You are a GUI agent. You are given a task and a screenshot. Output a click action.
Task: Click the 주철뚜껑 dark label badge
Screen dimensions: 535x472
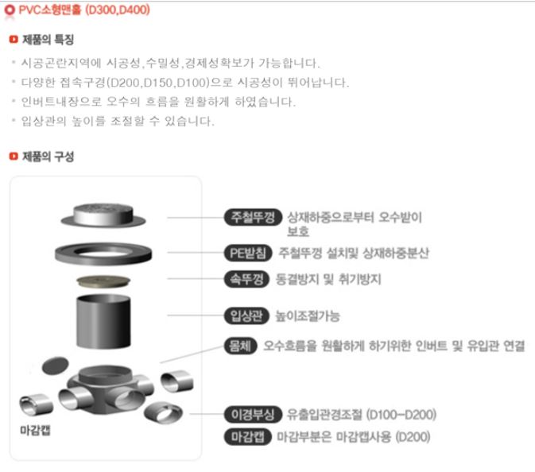253,217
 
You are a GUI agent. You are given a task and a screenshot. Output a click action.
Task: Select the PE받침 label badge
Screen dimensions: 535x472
248,253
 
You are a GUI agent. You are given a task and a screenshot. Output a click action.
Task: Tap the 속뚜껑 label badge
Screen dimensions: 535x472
246,280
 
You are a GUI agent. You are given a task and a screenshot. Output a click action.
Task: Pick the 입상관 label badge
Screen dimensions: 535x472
246,315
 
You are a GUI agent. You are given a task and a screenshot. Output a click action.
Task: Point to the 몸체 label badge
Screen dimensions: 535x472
241,346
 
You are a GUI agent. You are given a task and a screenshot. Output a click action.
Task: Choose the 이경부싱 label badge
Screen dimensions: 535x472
253,414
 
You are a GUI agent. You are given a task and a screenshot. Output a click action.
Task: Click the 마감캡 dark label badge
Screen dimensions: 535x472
248,437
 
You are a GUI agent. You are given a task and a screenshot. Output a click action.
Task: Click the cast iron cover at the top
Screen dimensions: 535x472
103,215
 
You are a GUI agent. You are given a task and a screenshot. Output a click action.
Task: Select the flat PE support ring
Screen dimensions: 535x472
103,253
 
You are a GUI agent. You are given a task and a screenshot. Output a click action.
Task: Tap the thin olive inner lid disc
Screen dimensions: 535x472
103,281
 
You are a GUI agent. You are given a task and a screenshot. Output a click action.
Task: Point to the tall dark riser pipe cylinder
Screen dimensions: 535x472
103,321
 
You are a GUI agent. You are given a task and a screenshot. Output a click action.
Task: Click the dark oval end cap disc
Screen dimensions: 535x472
56,366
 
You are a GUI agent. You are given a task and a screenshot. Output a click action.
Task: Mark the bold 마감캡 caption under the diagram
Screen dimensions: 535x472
35,431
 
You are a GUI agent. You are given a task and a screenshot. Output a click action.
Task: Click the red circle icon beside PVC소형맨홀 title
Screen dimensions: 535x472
10,10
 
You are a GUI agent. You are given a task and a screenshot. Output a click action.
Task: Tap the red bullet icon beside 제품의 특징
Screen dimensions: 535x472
14,40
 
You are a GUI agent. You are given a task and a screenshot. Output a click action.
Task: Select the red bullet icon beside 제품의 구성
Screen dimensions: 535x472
14,157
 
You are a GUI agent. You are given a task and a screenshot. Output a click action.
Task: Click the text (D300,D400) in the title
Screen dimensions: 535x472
118,10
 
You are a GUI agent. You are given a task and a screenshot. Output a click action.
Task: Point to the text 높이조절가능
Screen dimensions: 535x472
308,316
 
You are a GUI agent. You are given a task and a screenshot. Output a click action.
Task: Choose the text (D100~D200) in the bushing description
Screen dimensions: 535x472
401,415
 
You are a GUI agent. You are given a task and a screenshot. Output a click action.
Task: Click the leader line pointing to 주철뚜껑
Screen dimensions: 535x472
196,218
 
